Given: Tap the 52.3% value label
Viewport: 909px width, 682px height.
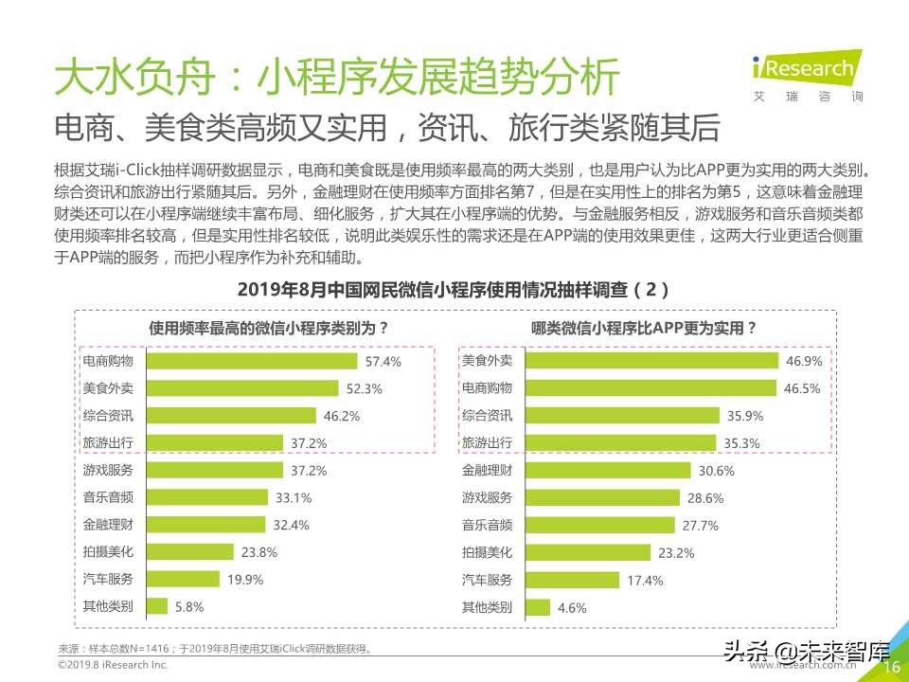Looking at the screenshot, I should (364, 388).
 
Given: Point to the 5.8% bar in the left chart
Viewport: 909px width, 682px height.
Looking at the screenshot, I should (157, 606).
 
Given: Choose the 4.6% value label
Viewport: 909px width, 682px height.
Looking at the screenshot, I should (574, 607).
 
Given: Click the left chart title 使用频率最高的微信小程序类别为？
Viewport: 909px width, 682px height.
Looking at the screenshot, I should (269, 329).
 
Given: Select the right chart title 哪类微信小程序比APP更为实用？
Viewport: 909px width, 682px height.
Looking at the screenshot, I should (644, 329).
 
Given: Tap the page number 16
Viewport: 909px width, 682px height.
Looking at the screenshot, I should (891, 668).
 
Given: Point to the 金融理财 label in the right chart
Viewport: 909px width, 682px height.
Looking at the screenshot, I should (487, 470).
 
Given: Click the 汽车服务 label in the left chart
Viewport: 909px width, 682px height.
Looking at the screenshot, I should (108, 579).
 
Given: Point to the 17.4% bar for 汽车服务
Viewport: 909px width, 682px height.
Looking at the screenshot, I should (572, 579).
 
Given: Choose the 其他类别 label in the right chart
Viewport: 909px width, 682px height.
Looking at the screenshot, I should (487, 606).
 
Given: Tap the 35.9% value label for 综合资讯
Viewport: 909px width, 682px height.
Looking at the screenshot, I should (744, 416).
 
